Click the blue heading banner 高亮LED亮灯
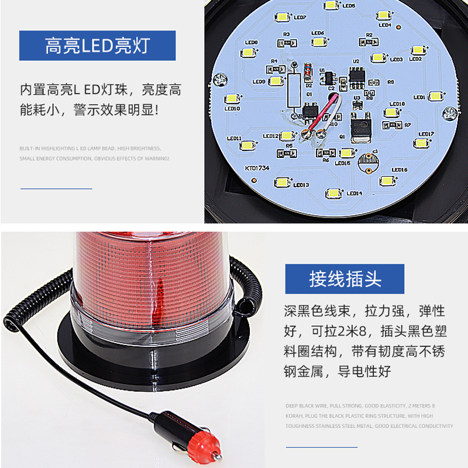(x=97, y=46)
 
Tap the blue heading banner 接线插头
(x=345, y=279)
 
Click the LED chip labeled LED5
(x=331, y=6)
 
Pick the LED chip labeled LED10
(x=232, y=99)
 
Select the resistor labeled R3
(x=287, y=42)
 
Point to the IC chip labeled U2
(x=356, y=73)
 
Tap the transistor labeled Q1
(x=358, y=125)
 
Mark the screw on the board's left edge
(x=221, y=78)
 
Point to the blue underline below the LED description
(x=56, y=188)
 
